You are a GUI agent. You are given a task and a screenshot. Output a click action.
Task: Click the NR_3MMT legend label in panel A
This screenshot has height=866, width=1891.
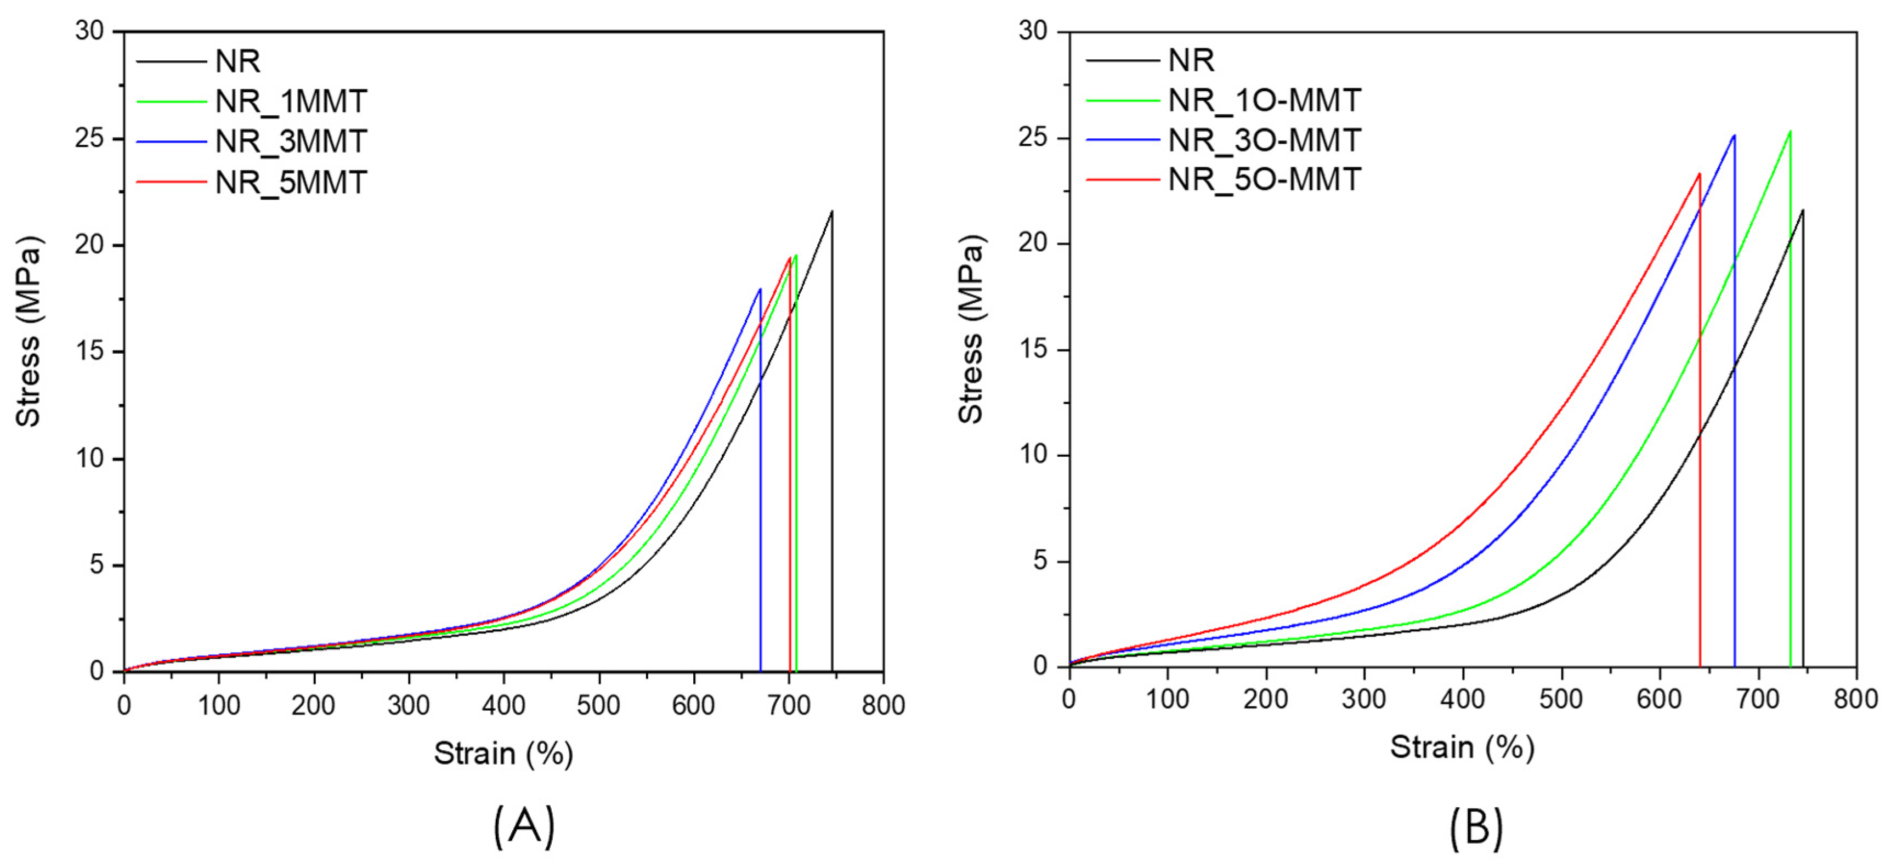(x=291, y=141)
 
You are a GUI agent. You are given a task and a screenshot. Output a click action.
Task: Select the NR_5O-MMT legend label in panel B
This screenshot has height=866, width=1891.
(x=1264, y=180)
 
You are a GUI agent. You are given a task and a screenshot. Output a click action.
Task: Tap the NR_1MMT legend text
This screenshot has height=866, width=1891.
(x=291, y=101)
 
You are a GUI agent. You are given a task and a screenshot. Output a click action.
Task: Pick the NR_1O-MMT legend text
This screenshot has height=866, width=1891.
(x=1264, y=100)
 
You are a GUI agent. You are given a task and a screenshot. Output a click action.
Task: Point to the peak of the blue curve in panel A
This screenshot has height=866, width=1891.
(x=760, y=289)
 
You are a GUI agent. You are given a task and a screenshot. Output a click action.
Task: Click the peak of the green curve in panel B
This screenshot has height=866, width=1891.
(x=1790, y=132)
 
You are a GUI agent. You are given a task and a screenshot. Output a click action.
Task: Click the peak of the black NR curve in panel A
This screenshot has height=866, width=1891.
(x=832, y=211)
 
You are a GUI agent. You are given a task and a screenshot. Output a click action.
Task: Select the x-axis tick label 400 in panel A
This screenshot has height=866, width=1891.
(x=503, y=705)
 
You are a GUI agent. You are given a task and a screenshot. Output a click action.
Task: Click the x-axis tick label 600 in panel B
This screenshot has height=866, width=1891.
(x=1659, y=699)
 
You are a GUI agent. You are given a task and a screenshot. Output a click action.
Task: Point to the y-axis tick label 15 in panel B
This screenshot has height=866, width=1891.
(x=1034, y=349)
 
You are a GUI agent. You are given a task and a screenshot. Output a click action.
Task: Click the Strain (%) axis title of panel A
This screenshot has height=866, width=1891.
(x=503, y=754)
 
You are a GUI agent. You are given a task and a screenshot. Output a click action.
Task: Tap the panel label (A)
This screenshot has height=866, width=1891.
(x=523, y=827)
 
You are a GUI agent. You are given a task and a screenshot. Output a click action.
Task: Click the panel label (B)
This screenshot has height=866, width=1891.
(x=1475, y=827)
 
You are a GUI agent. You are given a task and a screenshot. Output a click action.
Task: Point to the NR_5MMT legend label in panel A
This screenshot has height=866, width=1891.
(x=291, y=182)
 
